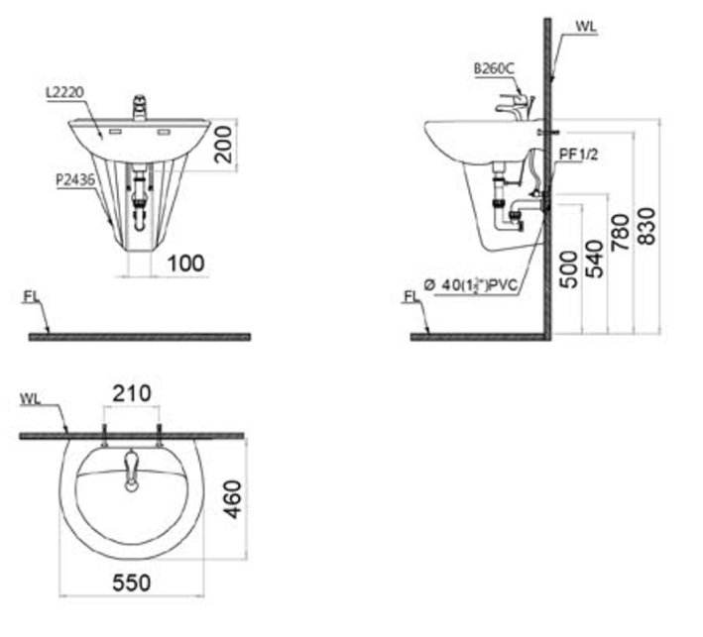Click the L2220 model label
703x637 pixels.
coord(64,92)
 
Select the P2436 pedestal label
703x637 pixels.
coord(75,179)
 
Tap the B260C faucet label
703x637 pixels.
coord(494,68)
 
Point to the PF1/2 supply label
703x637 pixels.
coord(578,155)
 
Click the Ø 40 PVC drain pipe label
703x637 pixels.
coord(470,285)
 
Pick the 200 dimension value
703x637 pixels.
coord(224,145)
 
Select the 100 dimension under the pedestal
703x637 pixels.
coord(186,263)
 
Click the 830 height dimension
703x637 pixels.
coord(646,226)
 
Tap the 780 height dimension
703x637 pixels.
coord(621,233)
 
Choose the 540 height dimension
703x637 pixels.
coord(595,259)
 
